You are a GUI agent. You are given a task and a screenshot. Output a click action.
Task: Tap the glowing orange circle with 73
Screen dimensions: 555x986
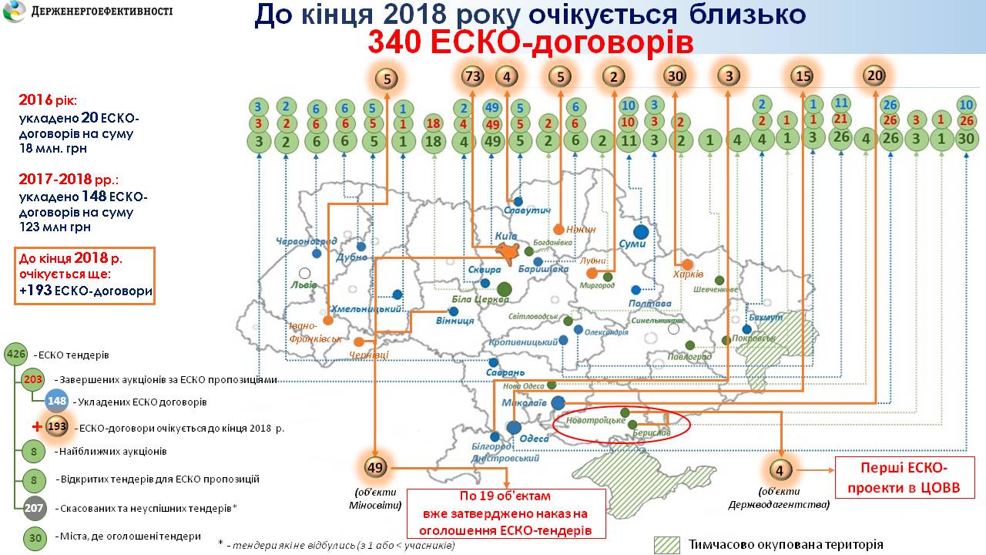[x=472, y=76]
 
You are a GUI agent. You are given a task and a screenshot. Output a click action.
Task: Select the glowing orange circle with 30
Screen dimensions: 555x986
[x=675, y=76]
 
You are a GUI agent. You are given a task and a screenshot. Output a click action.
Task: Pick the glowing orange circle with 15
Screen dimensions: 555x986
[x=803, y=76]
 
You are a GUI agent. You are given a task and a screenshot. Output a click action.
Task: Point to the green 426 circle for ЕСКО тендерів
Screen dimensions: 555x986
[x=15, y=355]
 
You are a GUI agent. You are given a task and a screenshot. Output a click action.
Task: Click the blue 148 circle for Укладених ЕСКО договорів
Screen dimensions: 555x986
[x=57, y=402]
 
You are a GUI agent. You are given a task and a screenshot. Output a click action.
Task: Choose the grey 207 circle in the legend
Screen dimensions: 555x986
[x=34, y=509]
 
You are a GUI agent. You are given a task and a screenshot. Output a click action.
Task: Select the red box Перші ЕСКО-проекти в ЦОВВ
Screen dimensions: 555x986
[x=905, y=477]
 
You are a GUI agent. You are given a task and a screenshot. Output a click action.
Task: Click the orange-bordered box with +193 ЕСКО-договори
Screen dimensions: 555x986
[x=85, y=275]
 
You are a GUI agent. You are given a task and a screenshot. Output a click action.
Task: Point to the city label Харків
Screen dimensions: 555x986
[x=688, y=274]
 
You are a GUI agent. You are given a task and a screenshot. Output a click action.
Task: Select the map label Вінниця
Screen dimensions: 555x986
[x=454, y=320]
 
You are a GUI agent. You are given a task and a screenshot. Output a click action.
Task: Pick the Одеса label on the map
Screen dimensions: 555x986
[x=535, y=439]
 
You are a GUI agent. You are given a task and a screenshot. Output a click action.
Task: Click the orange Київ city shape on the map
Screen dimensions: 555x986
[x=506, y=252]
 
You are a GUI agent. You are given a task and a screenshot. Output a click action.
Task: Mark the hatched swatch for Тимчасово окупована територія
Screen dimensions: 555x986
[x=666, y=545]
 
